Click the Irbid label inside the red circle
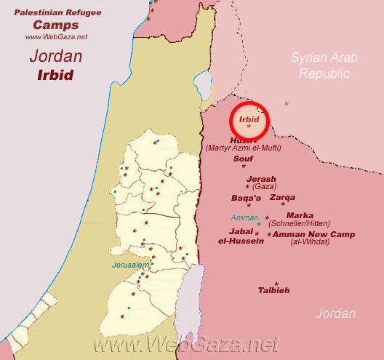click(x=249, y=119)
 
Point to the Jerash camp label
click(x=261, y=179)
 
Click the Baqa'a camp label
click(x=246, y=197)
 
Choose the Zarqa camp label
click(x=282, y=197)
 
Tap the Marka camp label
click(x=300, y=215)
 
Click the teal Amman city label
click(x=244, y=217)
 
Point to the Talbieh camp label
click(x=273, y=290)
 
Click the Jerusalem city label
click(x=128, y=265)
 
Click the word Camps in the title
click(x=53, y=24)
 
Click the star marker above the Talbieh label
click(x=276, y=283)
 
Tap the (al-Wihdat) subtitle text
click(x=310, y=241)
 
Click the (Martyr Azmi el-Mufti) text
click(x=244, y=148)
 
